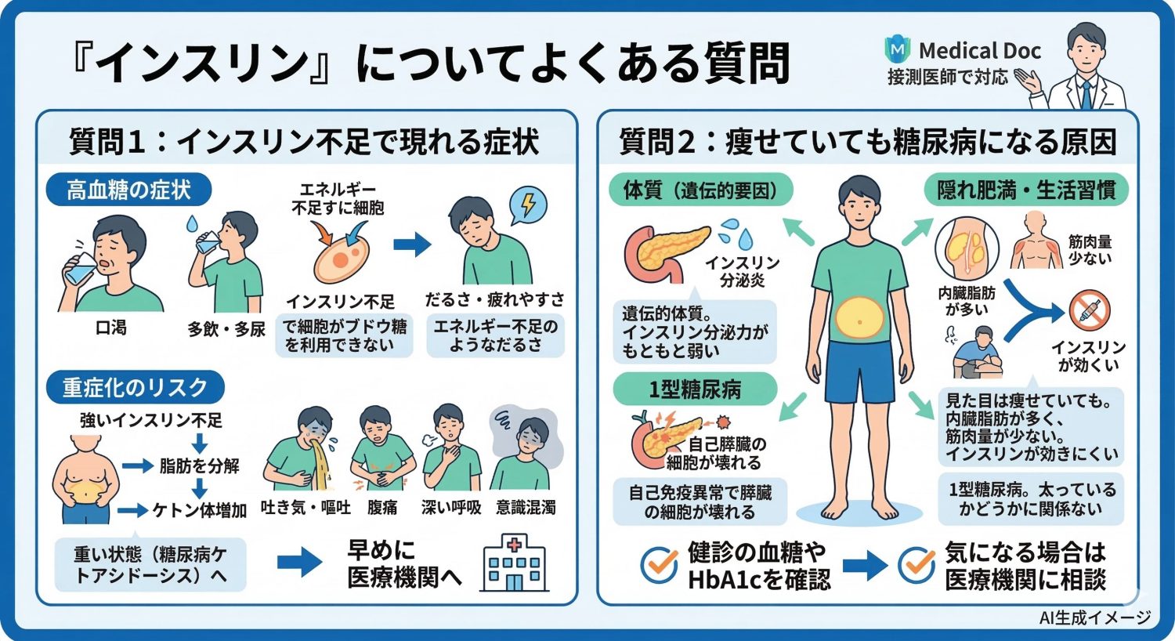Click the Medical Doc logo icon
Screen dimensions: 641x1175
point(898,50)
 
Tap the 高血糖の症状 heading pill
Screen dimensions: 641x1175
point(128,190)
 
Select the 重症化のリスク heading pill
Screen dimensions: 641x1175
point(135,387)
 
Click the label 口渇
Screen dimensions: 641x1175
point(110,327)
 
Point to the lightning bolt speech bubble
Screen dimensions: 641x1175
point(528,205)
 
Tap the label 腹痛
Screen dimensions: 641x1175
point(382,508)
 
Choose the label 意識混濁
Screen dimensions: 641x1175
point(525,508)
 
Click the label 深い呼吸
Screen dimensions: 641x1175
point(450,508)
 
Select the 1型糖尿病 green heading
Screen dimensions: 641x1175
point(694,389)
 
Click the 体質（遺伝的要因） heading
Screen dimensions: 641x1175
point(700,190)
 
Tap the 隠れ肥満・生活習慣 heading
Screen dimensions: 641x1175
point(1026,190)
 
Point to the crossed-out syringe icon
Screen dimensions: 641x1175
point(1090,311)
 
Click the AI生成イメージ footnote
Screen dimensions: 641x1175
point(1094,617)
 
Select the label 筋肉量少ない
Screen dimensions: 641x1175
point(1090,250)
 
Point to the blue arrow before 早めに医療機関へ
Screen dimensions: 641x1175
point(300,562)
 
